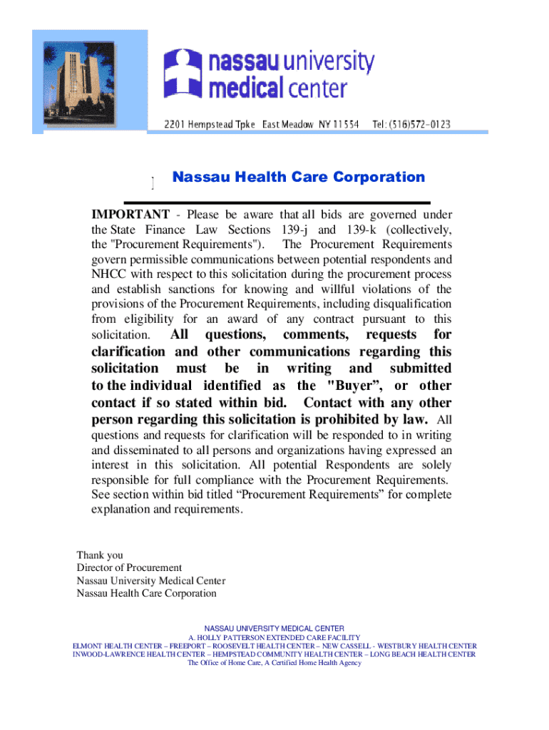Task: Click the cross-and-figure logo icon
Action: (x=183, y=72)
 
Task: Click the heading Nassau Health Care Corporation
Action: (x=298, y=178)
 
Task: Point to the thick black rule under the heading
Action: (x=277, y=202)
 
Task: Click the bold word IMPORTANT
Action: (x=130, y=215)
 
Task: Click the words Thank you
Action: (x=100, y=555)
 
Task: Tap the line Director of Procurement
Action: (x=129, y=568)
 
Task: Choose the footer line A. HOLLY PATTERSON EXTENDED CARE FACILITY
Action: (x=274, y=637)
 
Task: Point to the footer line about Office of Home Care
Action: (x=274, y=663)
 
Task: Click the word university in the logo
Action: (x=328, y=63)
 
